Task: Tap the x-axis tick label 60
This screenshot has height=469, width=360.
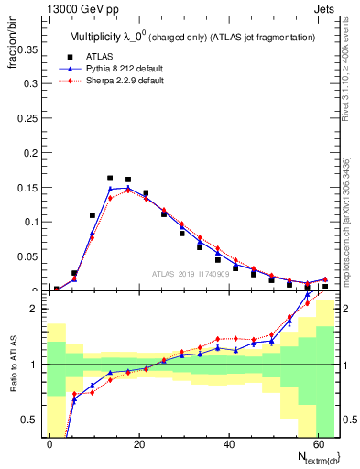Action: (315, 443)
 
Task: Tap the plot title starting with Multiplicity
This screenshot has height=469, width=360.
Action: (192, 37)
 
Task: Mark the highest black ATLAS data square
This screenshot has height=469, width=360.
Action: (110, 179)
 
